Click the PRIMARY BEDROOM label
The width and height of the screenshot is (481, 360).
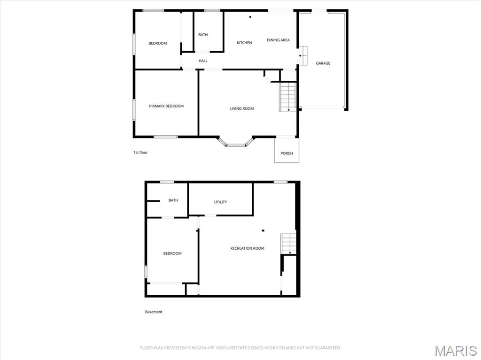(x=166, y=106)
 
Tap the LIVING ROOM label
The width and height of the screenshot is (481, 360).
(x=242, y=108)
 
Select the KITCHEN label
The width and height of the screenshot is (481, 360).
(x=244, y=43)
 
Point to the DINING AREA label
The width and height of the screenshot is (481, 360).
(x=278, y=40)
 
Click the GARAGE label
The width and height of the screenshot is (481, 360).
(x=323, y=63)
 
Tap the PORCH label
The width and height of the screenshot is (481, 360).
(x=287, y=153)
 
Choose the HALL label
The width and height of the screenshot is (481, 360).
(x=203, y=61)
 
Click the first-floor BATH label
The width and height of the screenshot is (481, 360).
(x=203, y=35)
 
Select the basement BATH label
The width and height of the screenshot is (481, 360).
(x=173, y=200)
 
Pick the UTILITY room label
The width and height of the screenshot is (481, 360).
(x=220, y=202)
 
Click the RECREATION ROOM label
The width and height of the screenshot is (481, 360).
(x=247, y=248)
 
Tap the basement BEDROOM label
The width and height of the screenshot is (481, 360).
(x=172, y=253)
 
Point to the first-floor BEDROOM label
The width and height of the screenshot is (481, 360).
(x=158, y=43)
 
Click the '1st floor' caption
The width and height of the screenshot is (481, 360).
(x=140, y=153)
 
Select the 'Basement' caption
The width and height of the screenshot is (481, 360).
(x=154, y=312)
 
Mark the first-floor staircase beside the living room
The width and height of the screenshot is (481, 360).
(x=288, y=97)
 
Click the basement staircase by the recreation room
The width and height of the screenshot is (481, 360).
(x=288, y=244)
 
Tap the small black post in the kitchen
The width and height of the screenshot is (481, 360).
(x=250, y=17)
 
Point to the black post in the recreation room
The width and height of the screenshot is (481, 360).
(x=263, y=230)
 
